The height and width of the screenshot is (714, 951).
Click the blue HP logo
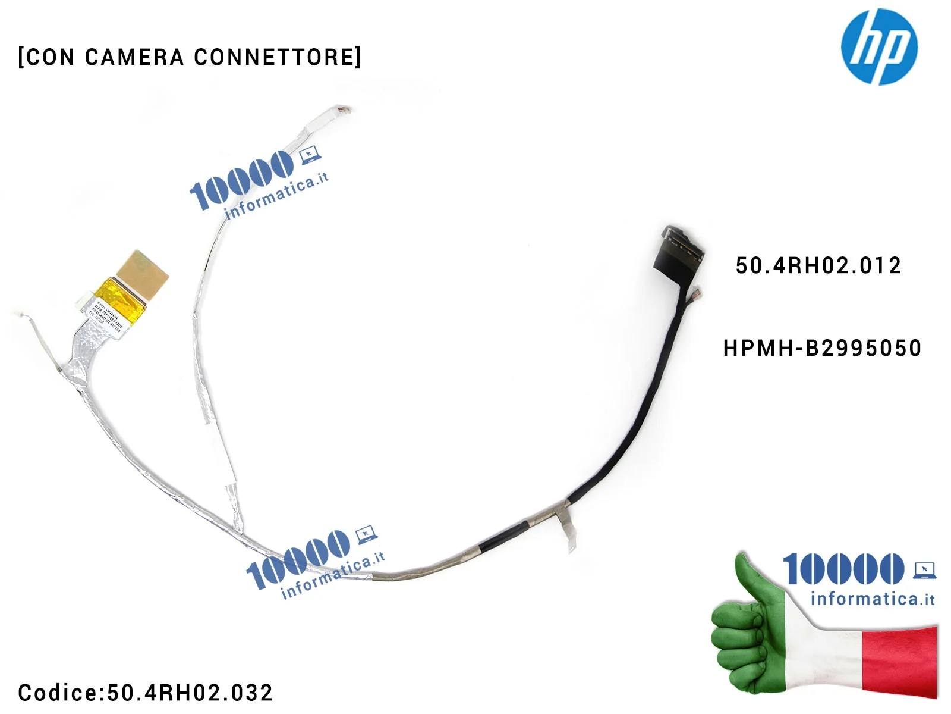(879, 46)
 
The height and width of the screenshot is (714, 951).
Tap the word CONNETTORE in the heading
(277, 57)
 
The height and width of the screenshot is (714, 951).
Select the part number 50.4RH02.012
(818, 265)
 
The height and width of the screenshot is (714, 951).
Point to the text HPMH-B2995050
(822, 348)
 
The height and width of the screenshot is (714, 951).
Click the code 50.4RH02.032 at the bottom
(190, 693)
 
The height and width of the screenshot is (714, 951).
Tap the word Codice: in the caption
(61, 693)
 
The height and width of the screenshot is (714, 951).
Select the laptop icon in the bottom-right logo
(924, 570)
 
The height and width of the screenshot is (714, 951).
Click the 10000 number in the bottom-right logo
(843, 569)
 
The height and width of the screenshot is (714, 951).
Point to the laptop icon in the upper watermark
(310, 156)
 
